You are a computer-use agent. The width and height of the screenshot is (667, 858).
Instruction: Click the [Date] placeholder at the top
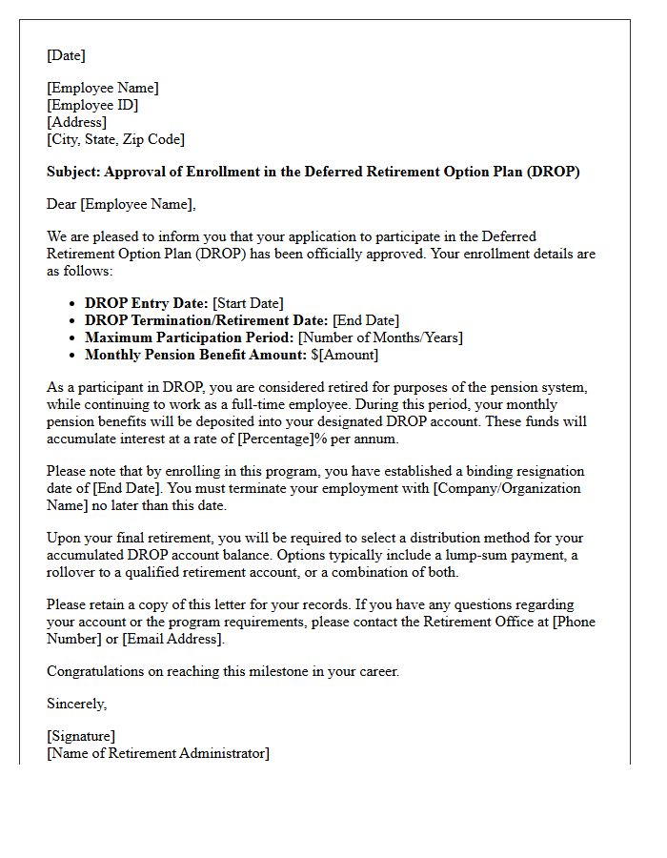pyautogui.click(x=66, y=55)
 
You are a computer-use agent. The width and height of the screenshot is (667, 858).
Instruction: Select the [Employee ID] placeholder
pyautogui.click(x=92, y=105)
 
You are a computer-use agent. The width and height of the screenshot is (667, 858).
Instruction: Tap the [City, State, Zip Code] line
pyautogui.click(x=115, y=139)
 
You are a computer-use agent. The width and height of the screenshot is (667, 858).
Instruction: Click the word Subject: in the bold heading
pyautogui.click(x=73, y=172)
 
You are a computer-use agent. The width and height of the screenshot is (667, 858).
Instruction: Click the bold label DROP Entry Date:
pyautogui.click(x=147, y=303)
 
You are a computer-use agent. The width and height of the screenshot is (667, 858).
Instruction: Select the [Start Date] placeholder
pyautogui.click(x=248, y=303)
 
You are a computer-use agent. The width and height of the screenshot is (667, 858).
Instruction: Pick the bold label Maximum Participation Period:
pyautogui.click(x=189, y=337)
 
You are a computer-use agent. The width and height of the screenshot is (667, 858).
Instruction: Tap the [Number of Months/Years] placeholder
pyautogui.click(x=380, y=337)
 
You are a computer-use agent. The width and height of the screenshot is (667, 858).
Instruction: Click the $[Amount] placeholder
pyautogui.click(x=345, y=355)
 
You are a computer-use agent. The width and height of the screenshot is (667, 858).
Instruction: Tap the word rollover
pyautogui.click(x=75, y=572)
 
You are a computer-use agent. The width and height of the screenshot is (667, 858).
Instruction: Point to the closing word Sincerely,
pyautogui.click(x=77, y=704)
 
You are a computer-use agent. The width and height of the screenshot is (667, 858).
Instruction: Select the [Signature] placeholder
pyautogui.click(x=81, y=736)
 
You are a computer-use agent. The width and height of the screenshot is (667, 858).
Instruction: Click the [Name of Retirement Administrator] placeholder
pyautogui.click(x=158, y=753)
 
